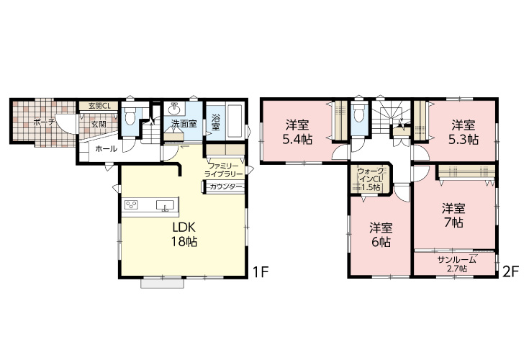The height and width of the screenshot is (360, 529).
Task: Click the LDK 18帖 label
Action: pyautogui.click(x=184, y=235)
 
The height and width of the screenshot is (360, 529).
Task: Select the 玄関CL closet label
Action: pyautogui.click(x=99, y=106)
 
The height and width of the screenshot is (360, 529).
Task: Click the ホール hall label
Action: pyautogui.click(x=106, y=149)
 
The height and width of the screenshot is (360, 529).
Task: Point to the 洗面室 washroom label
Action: pyautogui.click(x=184, y=124)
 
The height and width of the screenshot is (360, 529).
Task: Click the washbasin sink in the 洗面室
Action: pyautogui.click(x=174, y=109)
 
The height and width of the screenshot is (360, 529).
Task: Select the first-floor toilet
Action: pyautogui.click(x=130, y=114)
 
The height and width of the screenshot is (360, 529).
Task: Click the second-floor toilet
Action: pyautogui.click(x=358, y=113)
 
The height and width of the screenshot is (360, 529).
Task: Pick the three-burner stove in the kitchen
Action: pyautogui.click(x=131, y=205)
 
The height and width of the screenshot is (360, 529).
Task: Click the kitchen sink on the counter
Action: pyautogui.click(x=165, y=205)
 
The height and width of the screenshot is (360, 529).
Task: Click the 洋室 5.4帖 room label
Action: pyautogui.click(x=297, y=132)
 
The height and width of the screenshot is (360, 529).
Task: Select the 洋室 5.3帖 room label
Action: pyautogui.click(x=464, y=132)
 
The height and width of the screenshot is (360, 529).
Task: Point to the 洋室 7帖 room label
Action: pyautogui.click(x=453, y=215)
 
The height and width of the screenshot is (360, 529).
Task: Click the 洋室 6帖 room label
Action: pyautogui.click(x=381, y=235)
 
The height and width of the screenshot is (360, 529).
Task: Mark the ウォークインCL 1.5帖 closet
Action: pyautogui.click(x=371, y=179)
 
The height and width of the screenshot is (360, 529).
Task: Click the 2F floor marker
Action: pyautogui.click(x=510, y=272)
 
